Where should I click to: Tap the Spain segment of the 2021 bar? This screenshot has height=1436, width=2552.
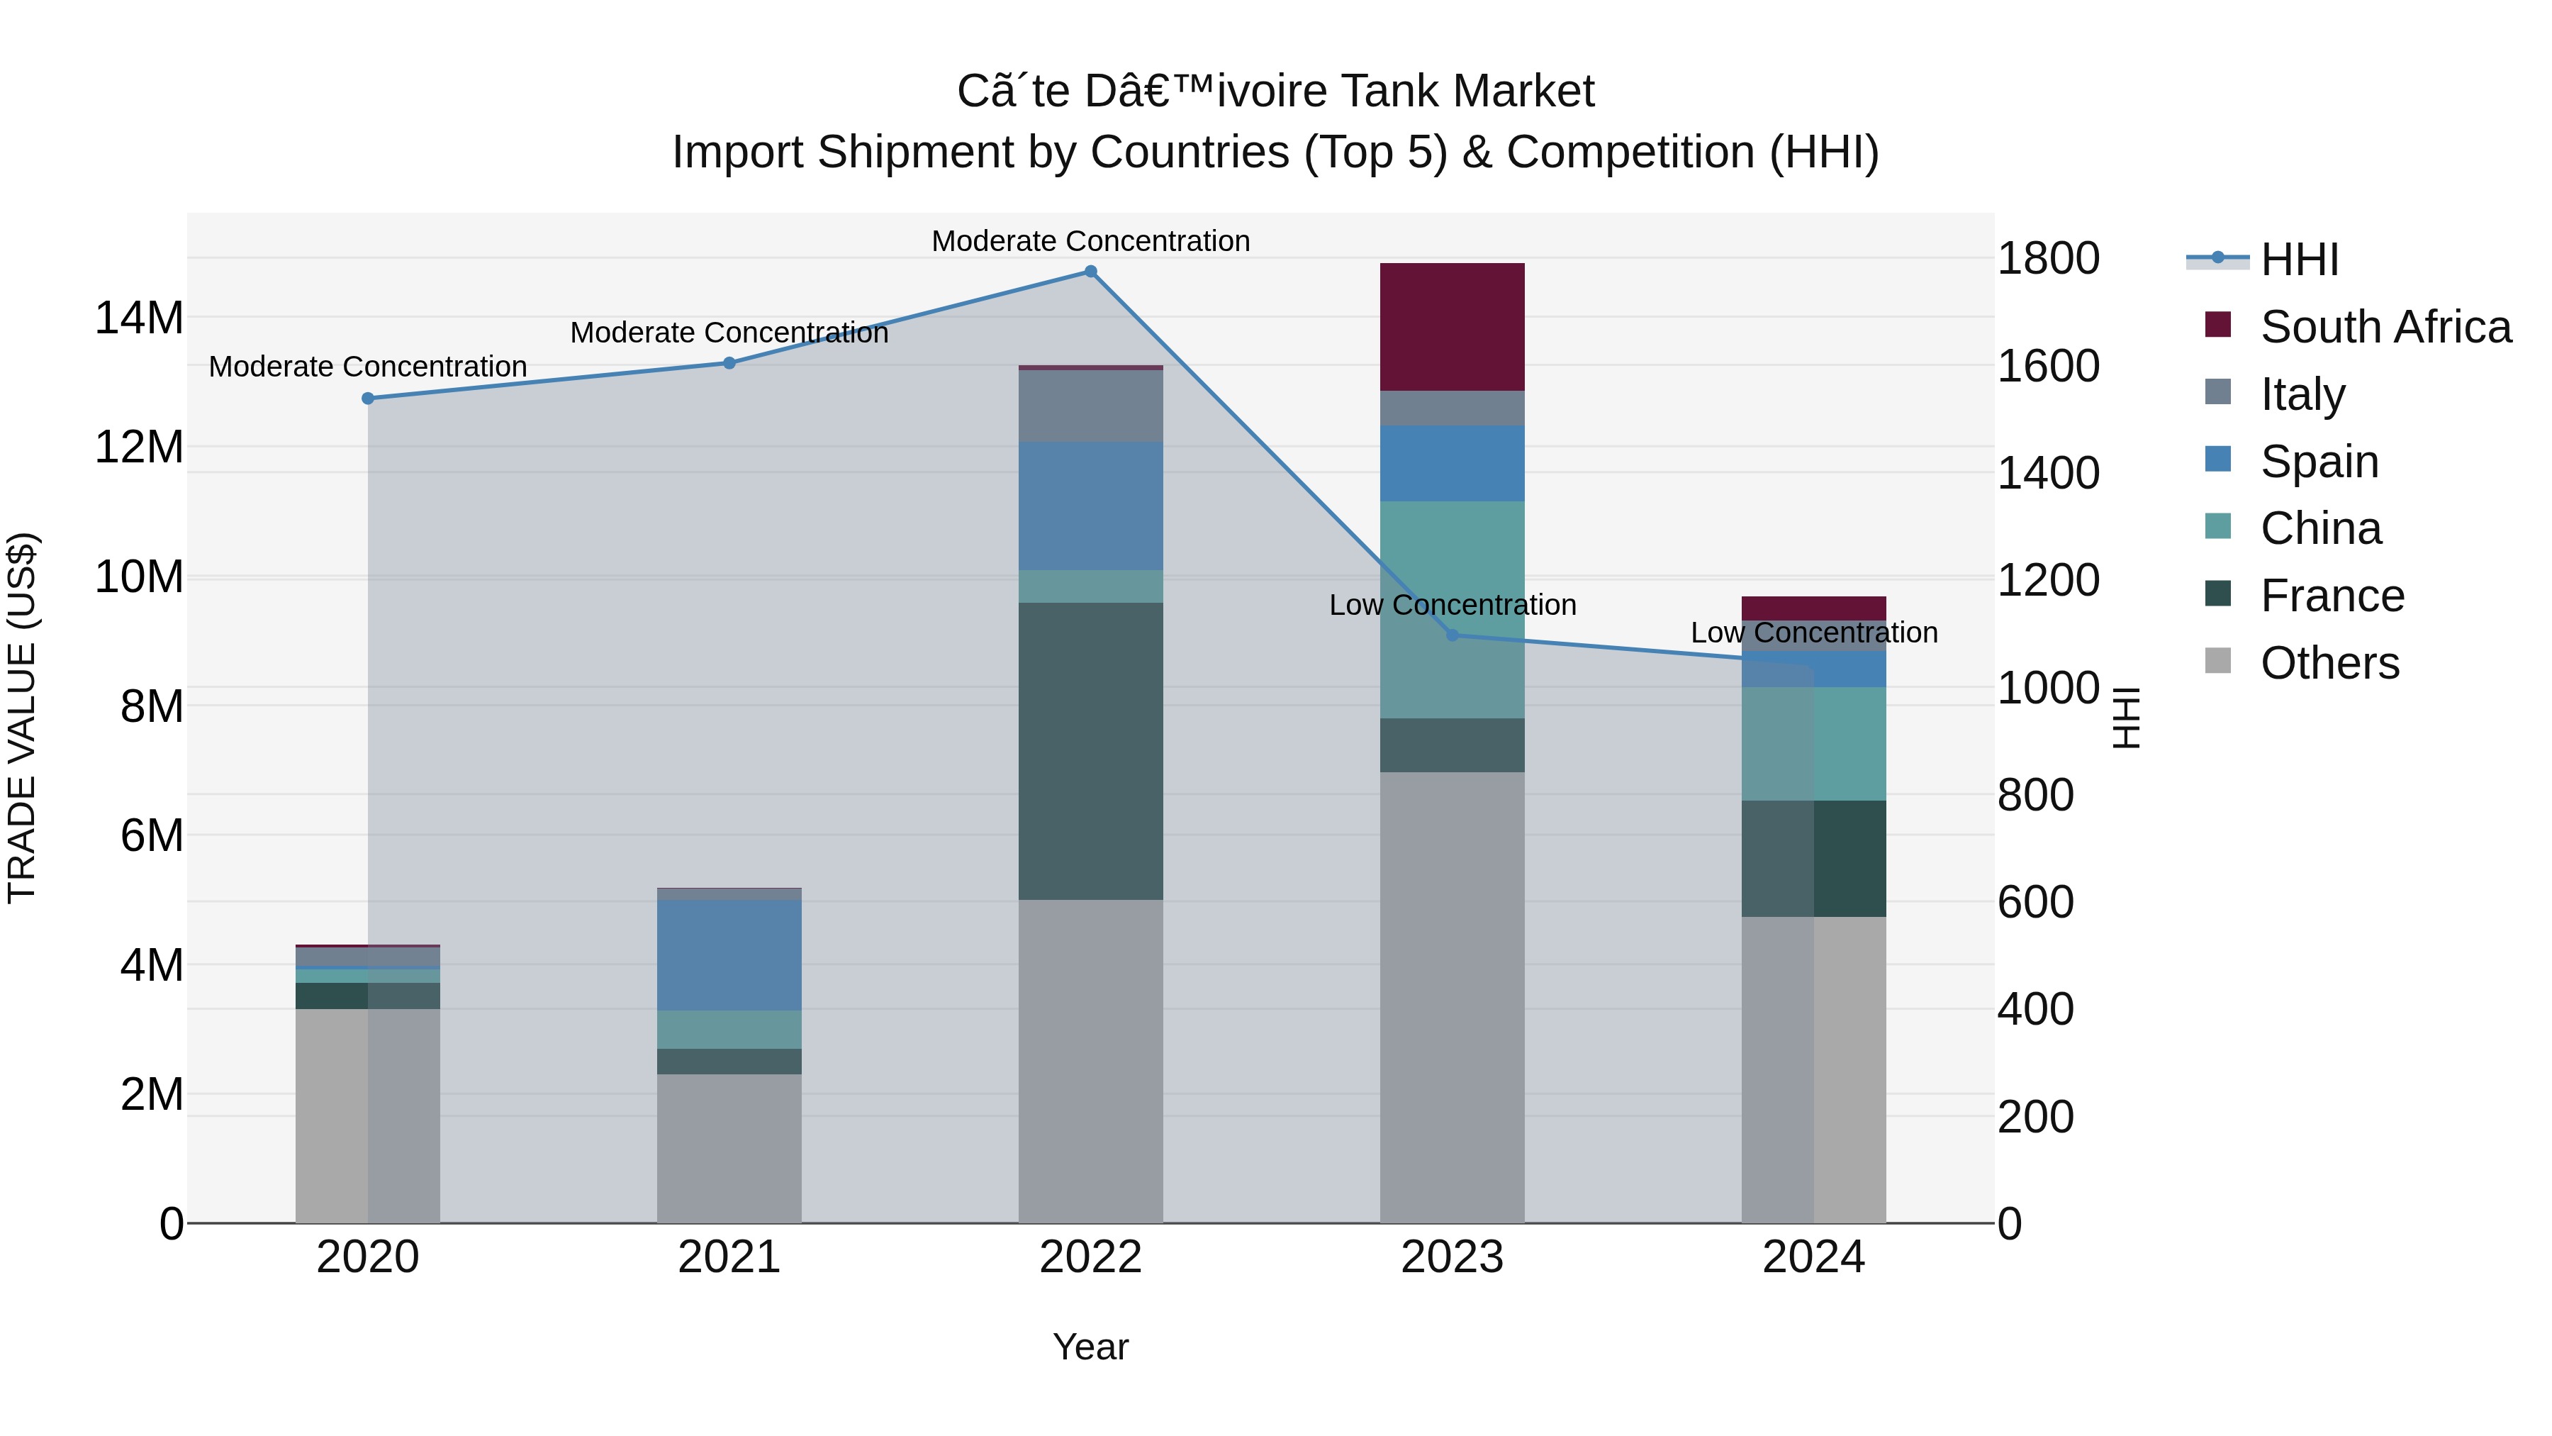[x=729, y=954]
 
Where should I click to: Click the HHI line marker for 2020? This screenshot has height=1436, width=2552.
[x=367, y=399]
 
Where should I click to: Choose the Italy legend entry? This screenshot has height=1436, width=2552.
[x=2302, y=394]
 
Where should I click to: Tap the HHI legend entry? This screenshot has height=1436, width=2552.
[x=2298, y=260]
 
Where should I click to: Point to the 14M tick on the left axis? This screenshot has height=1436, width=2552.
[x=139, y=318]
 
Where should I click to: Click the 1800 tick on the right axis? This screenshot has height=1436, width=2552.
[x=2047, y=259]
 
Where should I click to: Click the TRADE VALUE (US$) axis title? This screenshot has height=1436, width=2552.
[x=22, y=718]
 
